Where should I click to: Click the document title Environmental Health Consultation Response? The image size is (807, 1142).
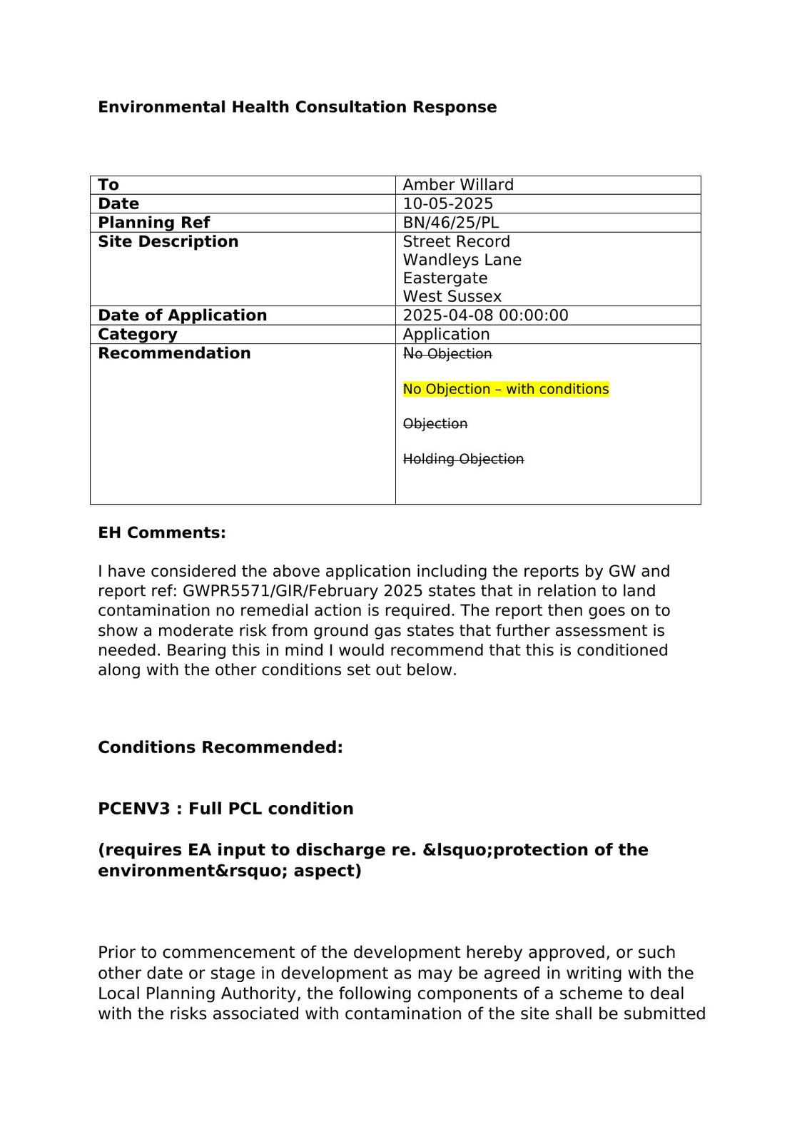297,107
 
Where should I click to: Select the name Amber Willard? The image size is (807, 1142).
458,185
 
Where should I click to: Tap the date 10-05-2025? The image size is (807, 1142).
447,203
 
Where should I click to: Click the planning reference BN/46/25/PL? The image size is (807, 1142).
450,223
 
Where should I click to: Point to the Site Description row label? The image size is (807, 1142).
168,241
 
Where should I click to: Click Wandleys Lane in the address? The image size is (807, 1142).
462,260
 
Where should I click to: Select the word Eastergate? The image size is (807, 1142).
445,278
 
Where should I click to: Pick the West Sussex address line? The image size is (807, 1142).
452,296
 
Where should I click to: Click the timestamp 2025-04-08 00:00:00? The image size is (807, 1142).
485,315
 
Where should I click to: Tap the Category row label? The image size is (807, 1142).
137,334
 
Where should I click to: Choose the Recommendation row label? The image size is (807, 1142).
174,353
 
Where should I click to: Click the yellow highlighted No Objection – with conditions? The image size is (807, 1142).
505,389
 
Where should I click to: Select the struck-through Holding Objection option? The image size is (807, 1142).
463,459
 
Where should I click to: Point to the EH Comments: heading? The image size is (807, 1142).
161,533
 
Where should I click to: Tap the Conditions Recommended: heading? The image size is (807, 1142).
220,747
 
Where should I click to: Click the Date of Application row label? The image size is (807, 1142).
182,315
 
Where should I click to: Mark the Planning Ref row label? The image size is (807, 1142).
153,223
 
